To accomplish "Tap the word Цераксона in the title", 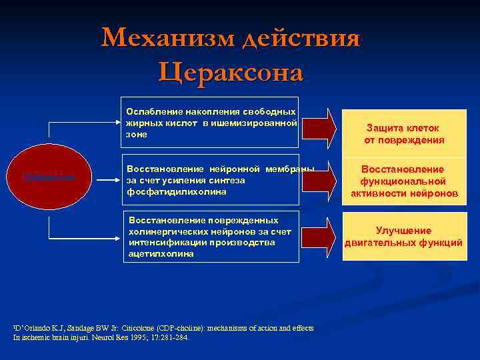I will coord(231,71).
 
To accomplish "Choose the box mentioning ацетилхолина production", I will coord(210,237).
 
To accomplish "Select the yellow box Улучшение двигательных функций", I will coord(404,237).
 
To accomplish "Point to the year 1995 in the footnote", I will coord(142,337).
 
